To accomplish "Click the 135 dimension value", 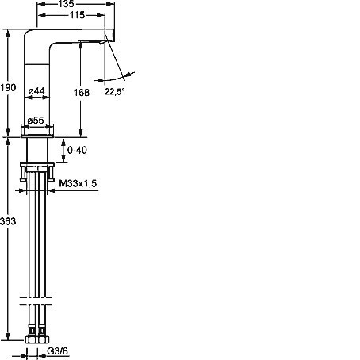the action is click(66, 4).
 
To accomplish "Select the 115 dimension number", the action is click(77, 15).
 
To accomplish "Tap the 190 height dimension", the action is click(8, 87).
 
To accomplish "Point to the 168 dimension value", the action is click(82, 92).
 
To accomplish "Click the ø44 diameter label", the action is click(36, 91).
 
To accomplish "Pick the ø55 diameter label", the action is click(36, 121).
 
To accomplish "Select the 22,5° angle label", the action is click(114, 92).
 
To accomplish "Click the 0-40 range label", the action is click(77, 150).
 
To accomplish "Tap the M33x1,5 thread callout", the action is click(78, 183).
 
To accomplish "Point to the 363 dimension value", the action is click(8, 221).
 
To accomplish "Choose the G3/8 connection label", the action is click(57, 351).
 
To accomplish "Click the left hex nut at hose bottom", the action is click(32, 339).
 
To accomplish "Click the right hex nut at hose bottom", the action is click(44, 339).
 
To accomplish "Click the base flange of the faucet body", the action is click(37, 131).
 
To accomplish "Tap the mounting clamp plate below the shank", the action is click(37, 165).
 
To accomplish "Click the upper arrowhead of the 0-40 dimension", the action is click(63, 142).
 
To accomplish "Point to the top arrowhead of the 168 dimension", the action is click(81, 45).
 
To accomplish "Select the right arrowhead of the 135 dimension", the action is click(110, 4).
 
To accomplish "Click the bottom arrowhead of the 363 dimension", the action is click(8, 336).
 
